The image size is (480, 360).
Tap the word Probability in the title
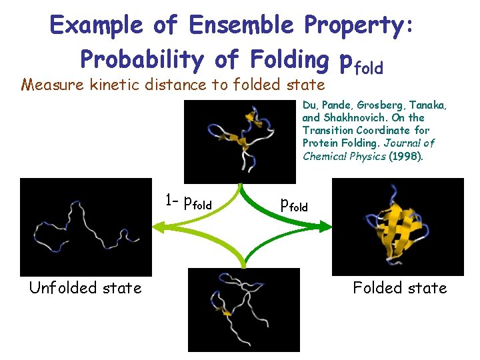point(140,59)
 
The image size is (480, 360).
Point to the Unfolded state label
point(85,288)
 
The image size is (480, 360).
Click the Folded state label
point(400,288)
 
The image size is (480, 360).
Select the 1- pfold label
point(188,200)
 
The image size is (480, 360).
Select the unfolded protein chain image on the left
point(86,227)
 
